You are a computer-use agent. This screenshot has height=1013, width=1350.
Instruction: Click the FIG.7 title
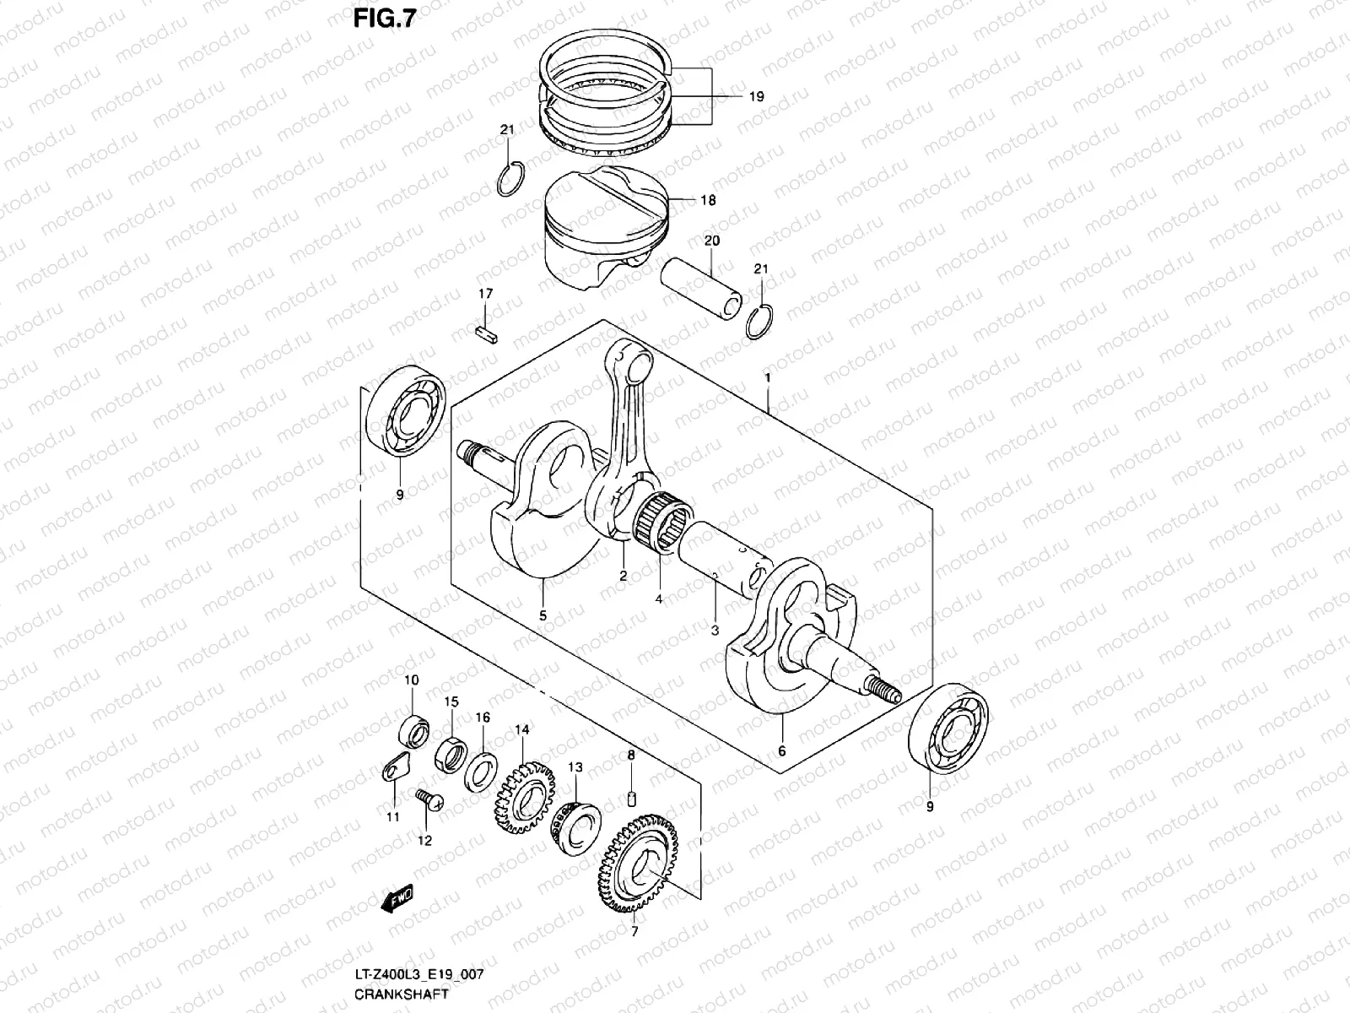(x=384, y=19)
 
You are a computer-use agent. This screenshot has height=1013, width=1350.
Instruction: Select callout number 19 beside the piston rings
(x=755, y=97)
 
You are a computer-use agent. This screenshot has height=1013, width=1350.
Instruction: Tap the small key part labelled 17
(x=488, y=332)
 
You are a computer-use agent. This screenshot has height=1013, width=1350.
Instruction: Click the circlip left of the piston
(x=512, y=178)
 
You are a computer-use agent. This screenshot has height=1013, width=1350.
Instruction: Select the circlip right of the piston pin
(x=760, y=322)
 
